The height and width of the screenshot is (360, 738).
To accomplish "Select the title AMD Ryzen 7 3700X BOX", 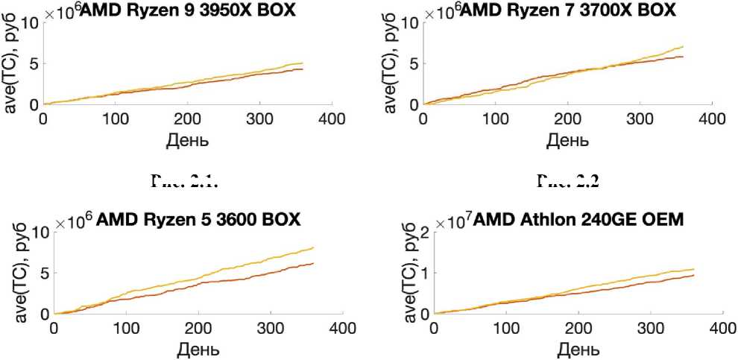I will tap(568, 10).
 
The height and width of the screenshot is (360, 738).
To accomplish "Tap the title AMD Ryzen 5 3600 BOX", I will tap(198, 220).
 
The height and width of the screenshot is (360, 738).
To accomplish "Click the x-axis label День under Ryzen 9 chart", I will tap(187, 139).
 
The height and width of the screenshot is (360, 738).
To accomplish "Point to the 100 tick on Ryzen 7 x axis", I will tap(496, 119).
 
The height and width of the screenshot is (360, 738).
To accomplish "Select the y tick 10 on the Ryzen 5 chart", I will tap(39, 232).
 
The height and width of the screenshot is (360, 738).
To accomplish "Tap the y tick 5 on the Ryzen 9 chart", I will tap(34, 63).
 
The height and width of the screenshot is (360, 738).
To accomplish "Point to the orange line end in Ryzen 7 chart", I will tap(682, 57).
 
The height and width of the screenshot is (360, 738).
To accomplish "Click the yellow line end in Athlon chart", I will tap(693, 269).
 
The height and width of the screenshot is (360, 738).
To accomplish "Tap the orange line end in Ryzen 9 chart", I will tap(302, 69).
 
